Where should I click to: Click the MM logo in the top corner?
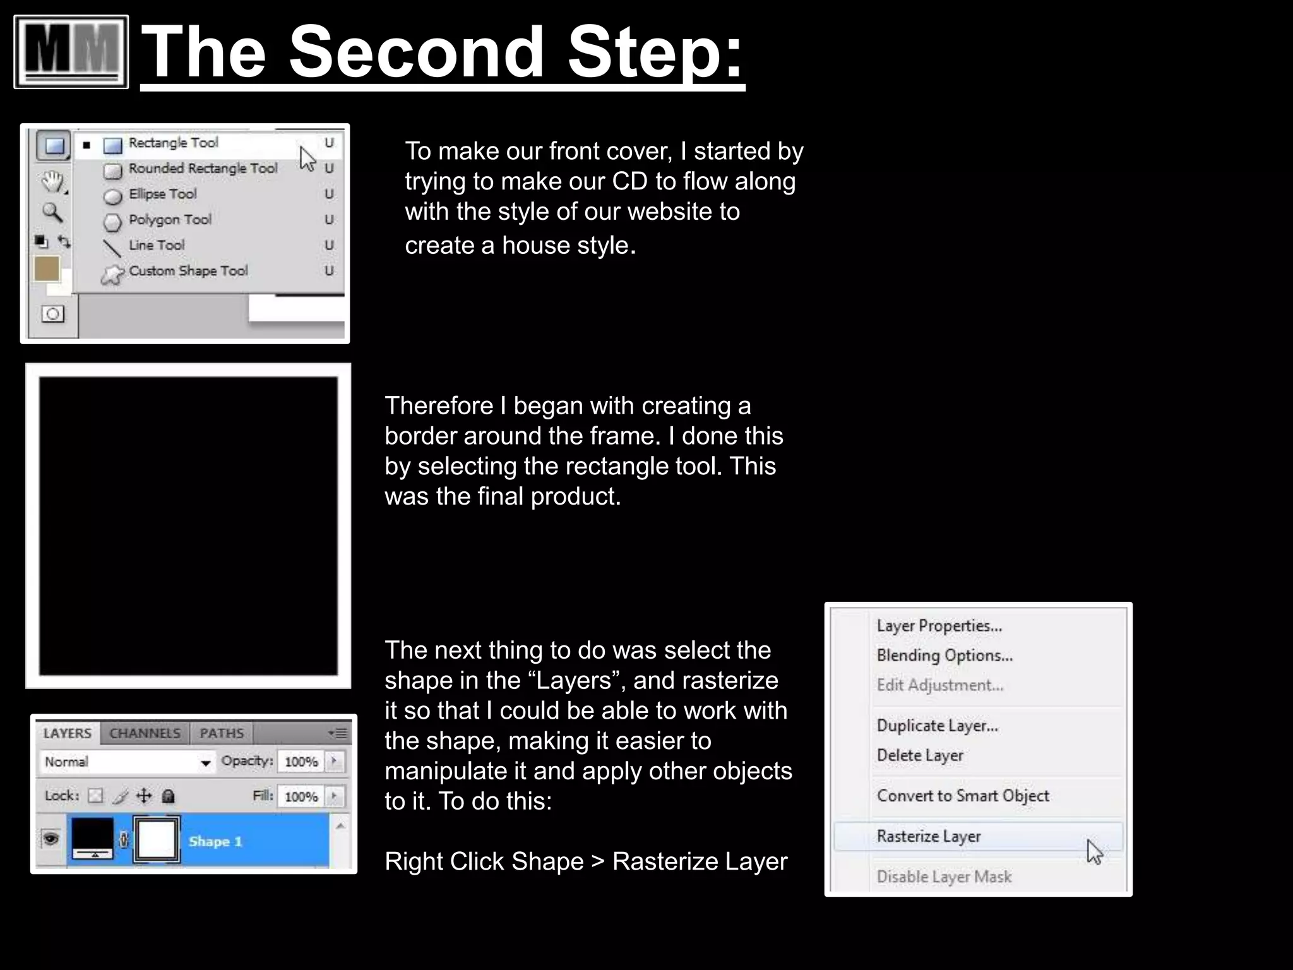pyautogui.click(x=71, y=52)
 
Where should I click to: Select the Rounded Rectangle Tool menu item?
pyautogui.click(x=202, y=169)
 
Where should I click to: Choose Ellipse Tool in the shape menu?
pyautogui.click(x=162, y=195)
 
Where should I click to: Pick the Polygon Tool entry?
pyautogui.click(x=169, y=220)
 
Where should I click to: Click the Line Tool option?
pyautogui.click(x=156, y=245)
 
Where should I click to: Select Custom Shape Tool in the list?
pyautogui.click(x=188, y=271)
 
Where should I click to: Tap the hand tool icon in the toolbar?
pyautogui.click(x=53, y=182)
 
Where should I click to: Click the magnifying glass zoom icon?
pyautogui.click(x=52, y=213)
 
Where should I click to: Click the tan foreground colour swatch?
pyautogui.click(x=47, y=268)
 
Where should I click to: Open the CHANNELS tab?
pyautogui.click(x=145, y=733)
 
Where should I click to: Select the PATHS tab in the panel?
pyautogui.click(x=221, y=733)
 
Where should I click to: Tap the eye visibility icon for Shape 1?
pyautogui.click(x=51, y=839)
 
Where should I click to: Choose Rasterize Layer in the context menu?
pyautogui.click(x=928, y=837)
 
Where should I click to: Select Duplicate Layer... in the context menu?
pyautogui.click(x=937, y=726)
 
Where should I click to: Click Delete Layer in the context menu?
pyautogui.click(x=919, y=755)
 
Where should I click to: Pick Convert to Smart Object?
pyautogui.click(x=962, y=796)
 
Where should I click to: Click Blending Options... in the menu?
pyautogui.click(x=944, y=656)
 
